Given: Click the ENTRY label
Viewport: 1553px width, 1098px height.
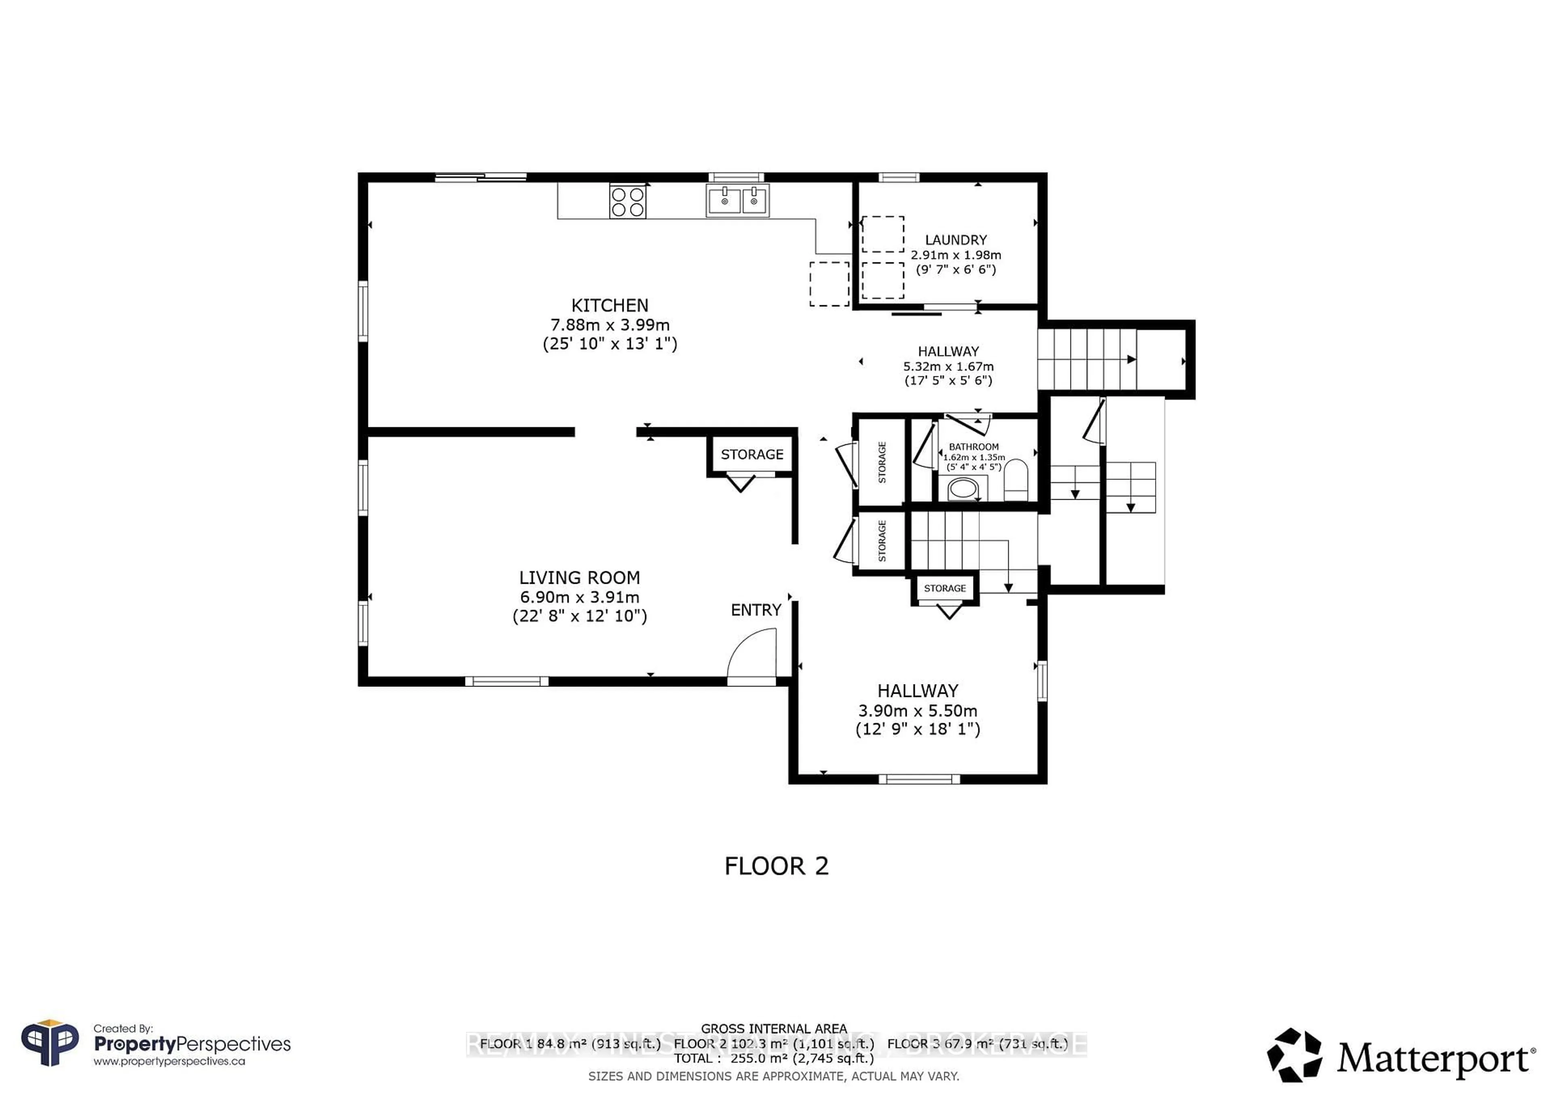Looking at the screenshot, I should click(755, 610).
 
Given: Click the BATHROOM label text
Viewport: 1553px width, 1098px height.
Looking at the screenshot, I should click(973, 447).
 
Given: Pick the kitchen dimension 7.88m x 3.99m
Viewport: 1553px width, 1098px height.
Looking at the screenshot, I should click(609, 325).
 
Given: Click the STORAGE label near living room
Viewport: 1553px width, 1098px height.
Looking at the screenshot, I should click(751, 454).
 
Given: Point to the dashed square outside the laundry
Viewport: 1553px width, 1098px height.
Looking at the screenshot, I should click(829, 284).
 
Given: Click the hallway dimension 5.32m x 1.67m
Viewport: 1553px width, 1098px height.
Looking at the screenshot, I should click(948, 366).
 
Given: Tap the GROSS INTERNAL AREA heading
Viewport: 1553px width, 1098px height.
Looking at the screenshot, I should click(773, 1028).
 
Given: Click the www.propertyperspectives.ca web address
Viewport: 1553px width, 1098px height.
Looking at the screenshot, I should click(169, 1062).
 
